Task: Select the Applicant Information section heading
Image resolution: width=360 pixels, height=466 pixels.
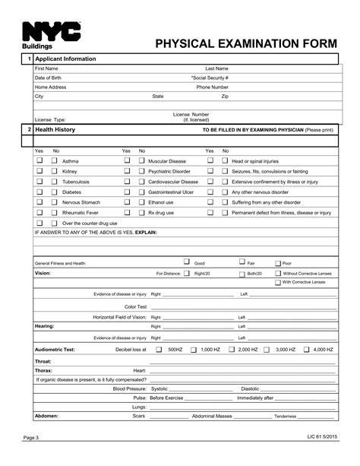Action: click(65, 59)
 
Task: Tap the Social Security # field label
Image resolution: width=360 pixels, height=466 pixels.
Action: click(210, 78)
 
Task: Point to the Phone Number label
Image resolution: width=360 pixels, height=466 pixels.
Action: click(213, 87)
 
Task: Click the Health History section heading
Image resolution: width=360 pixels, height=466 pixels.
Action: click(55, 130)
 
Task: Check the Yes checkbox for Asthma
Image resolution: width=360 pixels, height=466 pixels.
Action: click(40, 161)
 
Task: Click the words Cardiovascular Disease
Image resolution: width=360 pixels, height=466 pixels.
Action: click(173, 182)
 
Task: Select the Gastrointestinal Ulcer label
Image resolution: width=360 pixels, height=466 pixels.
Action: click(171, 192)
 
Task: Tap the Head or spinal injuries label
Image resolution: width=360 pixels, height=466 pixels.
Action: click(255, 161)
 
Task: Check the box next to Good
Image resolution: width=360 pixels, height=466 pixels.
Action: click(187, 262)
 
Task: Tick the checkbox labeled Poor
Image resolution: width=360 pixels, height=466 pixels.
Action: click(277, 263)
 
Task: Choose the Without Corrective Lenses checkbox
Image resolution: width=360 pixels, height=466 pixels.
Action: click(277, 273)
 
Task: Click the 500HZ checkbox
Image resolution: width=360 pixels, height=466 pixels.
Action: click(159, 350)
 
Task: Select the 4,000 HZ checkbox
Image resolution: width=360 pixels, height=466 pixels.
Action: click(306, 350)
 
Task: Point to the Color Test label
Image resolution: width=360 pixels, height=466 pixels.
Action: click(135, 306)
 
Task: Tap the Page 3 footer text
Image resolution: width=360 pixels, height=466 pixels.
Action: click(30, 438)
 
